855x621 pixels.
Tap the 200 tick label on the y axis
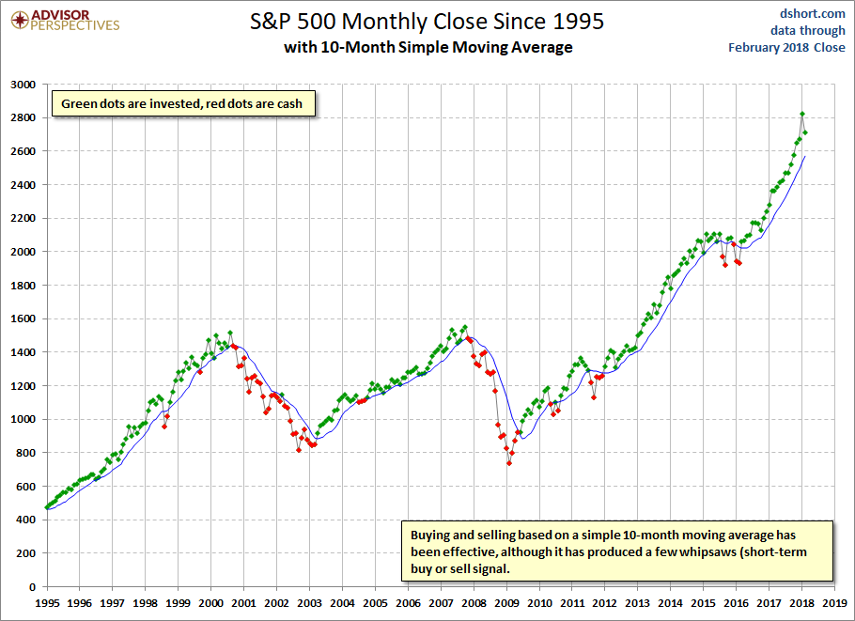25,553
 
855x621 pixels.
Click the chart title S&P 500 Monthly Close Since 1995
427,21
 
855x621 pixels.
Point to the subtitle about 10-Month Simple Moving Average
427,47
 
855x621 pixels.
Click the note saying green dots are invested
182,103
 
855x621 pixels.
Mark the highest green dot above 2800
801,115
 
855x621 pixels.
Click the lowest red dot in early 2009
509,463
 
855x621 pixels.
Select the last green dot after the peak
805,132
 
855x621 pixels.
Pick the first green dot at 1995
47,507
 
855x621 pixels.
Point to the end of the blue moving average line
805,156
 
